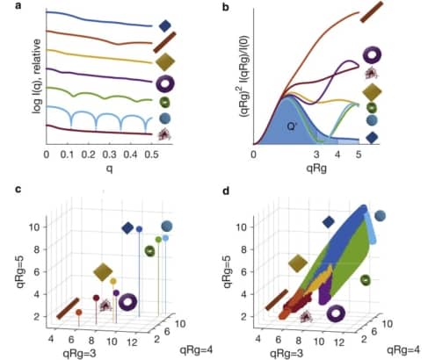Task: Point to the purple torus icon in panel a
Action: [165, 84]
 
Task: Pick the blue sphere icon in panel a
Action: [165, 119]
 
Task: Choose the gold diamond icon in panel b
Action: [373, 90]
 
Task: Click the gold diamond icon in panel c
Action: [103, 271]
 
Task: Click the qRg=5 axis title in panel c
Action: [12, 256]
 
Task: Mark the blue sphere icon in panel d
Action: [380, 215]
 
